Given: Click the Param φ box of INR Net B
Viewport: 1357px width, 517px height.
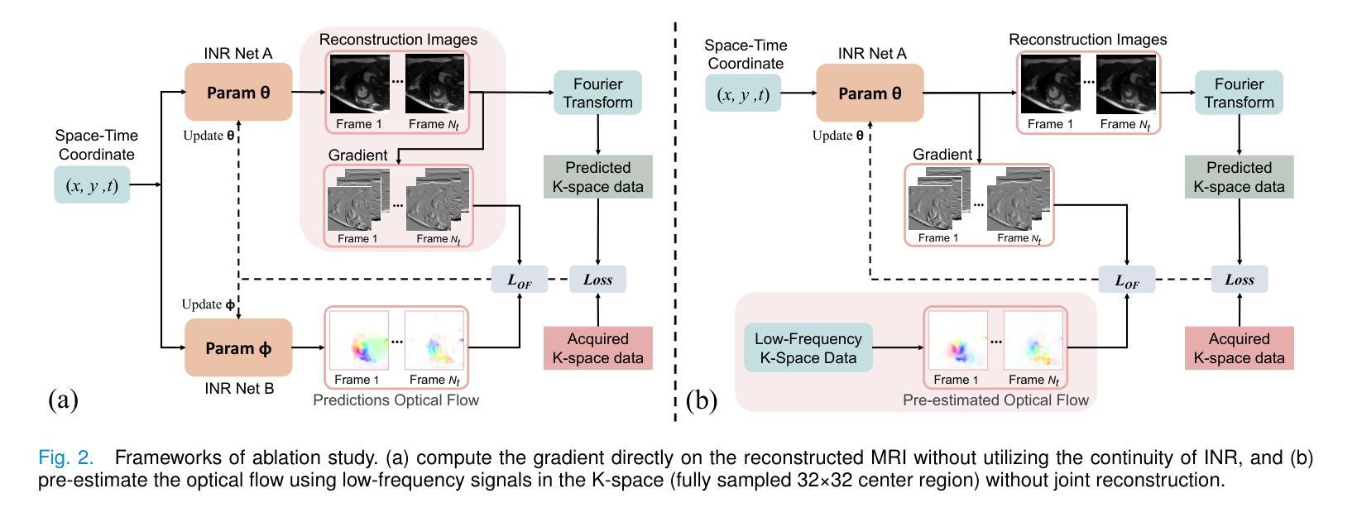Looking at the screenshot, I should pos(238,348).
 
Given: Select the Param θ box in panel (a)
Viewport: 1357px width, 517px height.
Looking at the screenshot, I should pos(238,93).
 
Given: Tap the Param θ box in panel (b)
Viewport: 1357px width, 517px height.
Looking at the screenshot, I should pos(870,93).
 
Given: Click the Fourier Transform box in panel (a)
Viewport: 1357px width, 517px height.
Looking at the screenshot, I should pos(597,93).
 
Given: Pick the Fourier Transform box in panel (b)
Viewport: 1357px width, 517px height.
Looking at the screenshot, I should pos(1239,93).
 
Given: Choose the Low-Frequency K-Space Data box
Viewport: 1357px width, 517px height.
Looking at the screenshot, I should pos(808,348).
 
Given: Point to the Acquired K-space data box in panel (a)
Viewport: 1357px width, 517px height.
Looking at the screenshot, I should pos(597,348).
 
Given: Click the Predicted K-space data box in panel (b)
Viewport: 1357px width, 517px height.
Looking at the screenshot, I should pos(1239,177).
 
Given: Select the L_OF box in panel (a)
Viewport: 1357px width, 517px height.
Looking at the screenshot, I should pos(520,280).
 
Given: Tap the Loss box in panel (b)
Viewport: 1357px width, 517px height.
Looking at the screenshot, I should pos(1239,280).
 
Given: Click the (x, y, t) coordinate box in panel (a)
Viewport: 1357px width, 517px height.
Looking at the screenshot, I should pos(92,185).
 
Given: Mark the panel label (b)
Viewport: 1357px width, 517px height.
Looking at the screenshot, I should pos(701,400).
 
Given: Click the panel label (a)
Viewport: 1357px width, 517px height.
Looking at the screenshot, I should pos(63,400).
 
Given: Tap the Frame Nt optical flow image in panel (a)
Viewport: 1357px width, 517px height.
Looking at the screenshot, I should pos(434,340).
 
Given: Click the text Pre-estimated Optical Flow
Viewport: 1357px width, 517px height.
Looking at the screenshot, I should pos(995,400).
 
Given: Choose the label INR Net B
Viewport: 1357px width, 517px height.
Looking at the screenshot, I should pos(238,387).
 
